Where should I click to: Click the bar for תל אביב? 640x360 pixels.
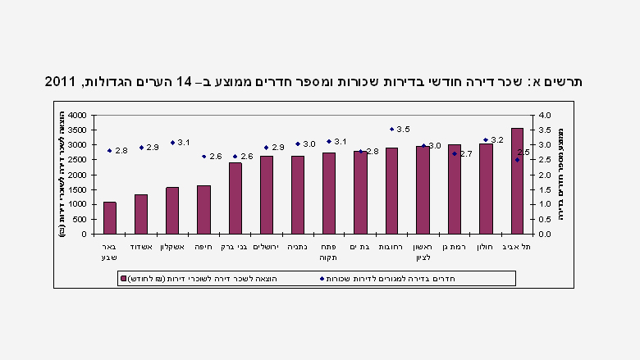tap(517, 180)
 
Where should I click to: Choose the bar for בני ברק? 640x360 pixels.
tap(235, 198)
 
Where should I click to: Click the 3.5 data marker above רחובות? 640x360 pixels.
tap(391, 129)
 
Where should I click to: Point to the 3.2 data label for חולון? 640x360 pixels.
tap(497, 140)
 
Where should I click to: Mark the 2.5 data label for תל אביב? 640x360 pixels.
tap(524, 153)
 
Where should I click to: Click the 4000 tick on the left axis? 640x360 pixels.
tap(76, 116)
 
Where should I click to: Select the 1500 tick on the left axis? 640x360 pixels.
tap(76, 189)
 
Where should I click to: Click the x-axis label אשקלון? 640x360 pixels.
tap(172, 247)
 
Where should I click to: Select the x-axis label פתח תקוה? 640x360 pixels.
tap(329, 252)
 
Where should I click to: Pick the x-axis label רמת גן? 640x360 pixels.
tap(455, 247)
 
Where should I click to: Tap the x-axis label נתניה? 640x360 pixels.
tap(298, 247)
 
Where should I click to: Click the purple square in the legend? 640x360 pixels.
tap(124, 279)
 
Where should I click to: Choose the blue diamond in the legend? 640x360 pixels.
tap(322, 279)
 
